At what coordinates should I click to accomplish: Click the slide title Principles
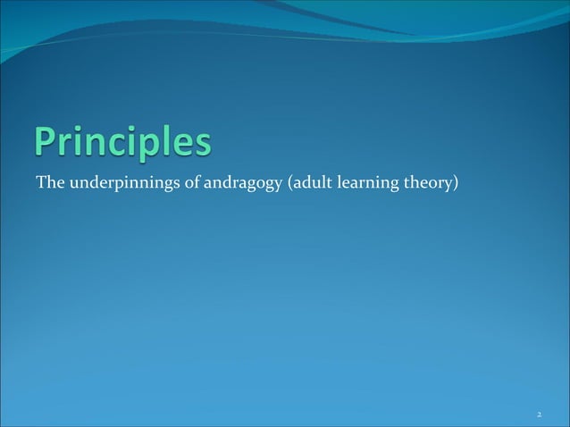124,145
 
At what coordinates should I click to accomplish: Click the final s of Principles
204,147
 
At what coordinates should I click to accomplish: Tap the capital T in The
40,184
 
